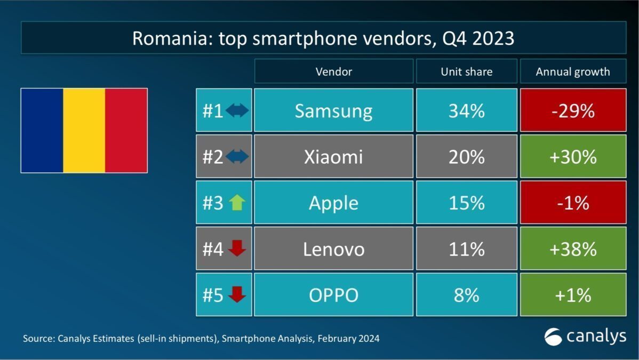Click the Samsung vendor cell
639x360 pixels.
(x=333, y=110)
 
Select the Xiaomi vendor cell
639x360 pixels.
(x=333, y=156)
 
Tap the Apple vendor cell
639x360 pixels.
(x=333, y=203)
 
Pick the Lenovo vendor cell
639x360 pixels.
(x=333, y=249)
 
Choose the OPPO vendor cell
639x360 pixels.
(x=333, y=294)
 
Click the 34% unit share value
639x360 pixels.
(x=466, y=110)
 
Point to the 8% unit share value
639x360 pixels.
(x=466, y=294)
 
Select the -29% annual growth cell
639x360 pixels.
(x=573, y=110)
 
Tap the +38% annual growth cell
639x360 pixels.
(x=573, y=249)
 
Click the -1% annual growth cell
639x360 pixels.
(x=573, y=203)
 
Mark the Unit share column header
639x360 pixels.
(x=466, y=71)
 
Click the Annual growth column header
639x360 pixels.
(x=573, y=71)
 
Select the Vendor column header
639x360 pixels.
(x=333, y=71)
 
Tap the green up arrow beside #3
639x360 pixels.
(x=236, y=203)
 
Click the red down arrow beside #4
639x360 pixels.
(x=236, y=249)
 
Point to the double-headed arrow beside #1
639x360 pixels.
(x=237, y=110)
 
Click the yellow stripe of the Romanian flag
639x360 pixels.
(x=84, y=131)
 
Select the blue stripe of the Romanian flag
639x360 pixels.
(x=42, y=131)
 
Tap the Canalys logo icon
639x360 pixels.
(x=553, y=337)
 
